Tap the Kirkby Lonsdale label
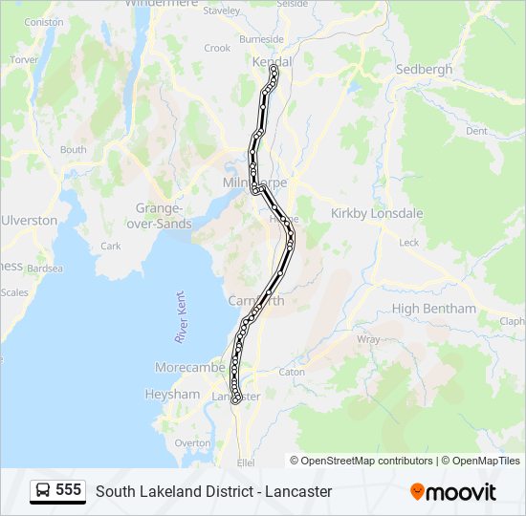[377, 213]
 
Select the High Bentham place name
[433, 309]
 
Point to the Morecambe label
[190, 368]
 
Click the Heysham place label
[172, 394]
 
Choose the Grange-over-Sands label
[159, 215]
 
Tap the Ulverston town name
[29, 220]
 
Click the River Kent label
[181, 317]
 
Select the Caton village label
[292, 372]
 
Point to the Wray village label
[368, 339]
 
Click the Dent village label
[475, 131]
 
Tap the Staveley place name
[222, 11]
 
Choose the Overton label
[192, 443]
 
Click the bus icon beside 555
[43, 491]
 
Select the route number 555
[68, 490]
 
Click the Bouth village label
[73, 149]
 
